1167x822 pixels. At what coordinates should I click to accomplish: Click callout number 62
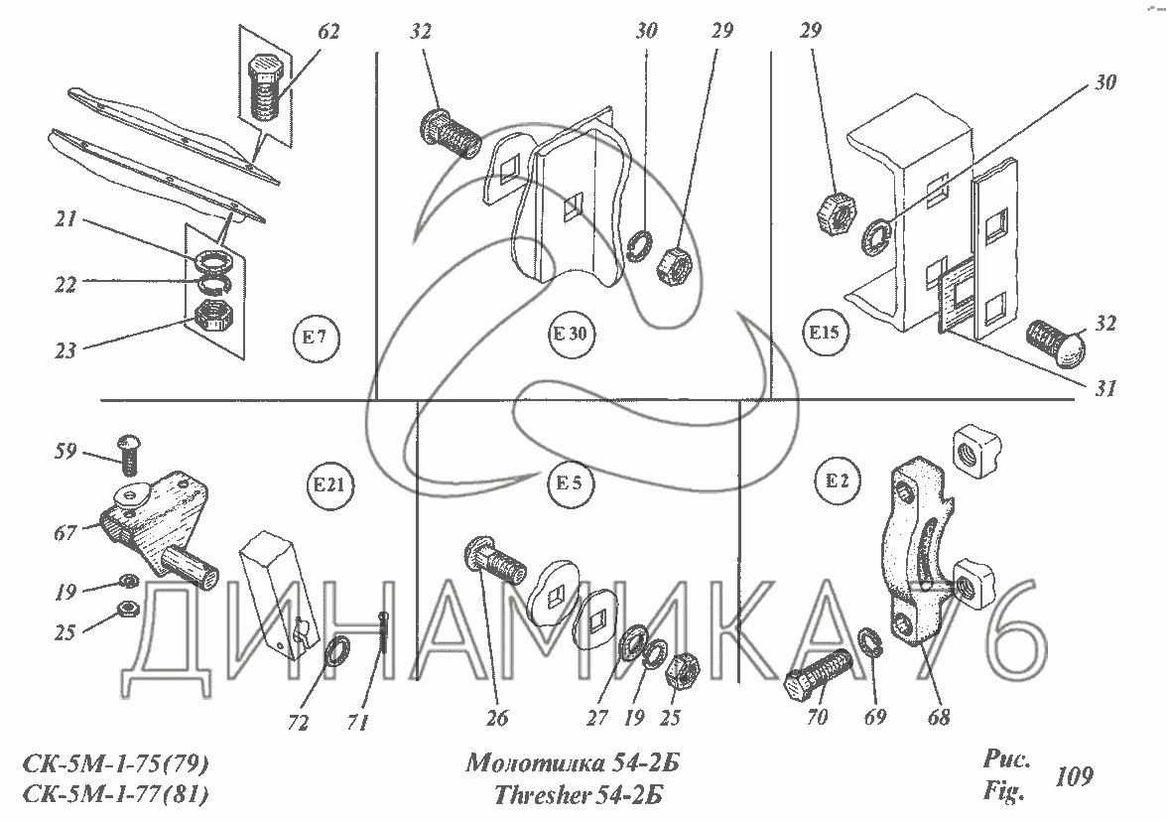coord(328,32)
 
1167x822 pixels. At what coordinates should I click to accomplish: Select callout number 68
coord(939,715)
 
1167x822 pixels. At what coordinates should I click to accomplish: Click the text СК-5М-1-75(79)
coord(114,765)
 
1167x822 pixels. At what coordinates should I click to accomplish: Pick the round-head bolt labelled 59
coord(130,454)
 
